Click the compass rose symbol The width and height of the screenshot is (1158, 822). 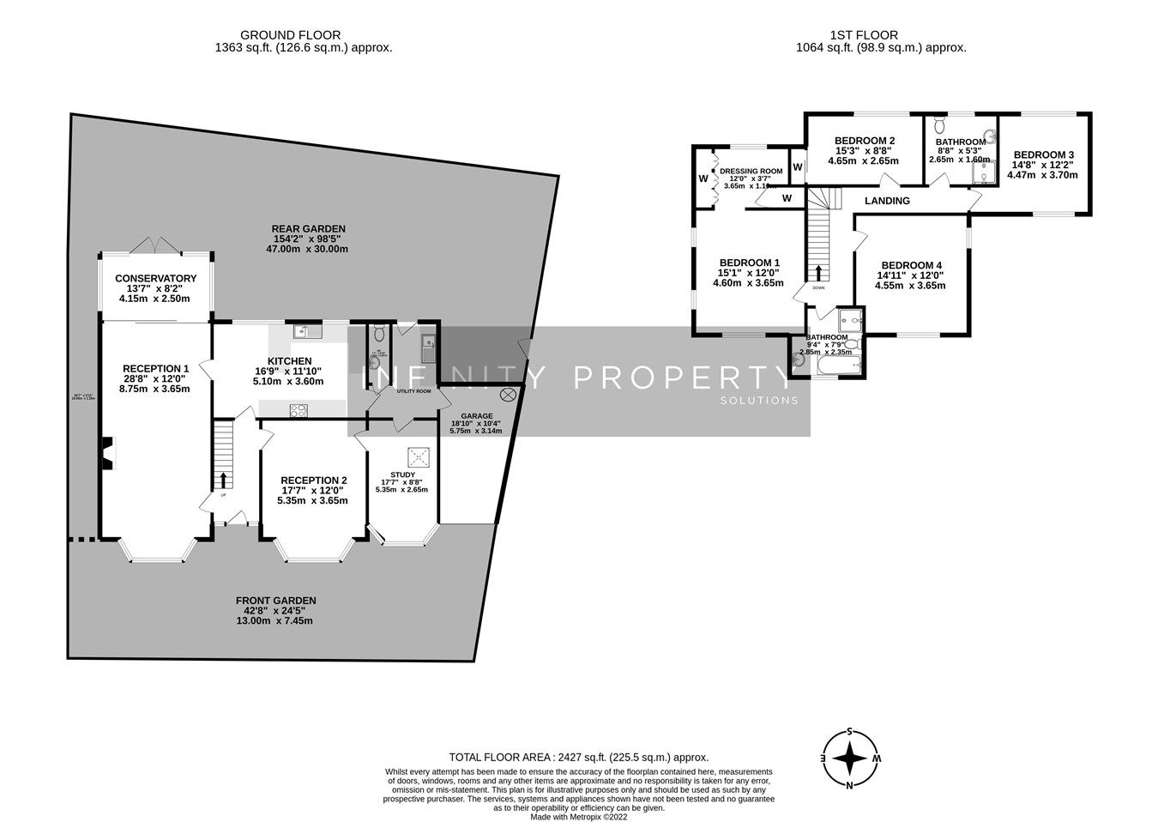[x=849, y=759]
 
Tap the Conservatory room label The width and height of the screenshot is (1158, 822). [x=155, y=279]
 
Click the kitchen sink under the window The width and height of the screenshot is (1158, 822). [x=305, y=331]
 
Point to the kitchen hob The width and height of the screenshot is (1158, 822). [x=299, y=411]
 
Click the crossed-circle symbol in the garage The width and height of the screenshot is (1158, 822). [x=508, y=395]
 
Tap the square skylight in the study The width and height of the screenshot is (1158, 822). [x=418, y=454]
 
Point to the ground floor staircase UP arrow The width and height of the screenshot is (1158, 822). [x=225, y=480]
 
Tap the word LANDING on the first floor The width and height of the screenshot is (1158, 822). [x=887, y=201]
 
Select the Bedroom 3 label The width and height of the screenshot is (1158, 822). [x=1043, y=154]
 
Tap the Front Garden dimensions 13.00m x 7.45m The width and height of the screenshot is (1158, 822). [x=275, y=621]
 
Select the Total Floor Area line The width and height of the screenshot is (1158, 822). [x=578, y=757]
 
